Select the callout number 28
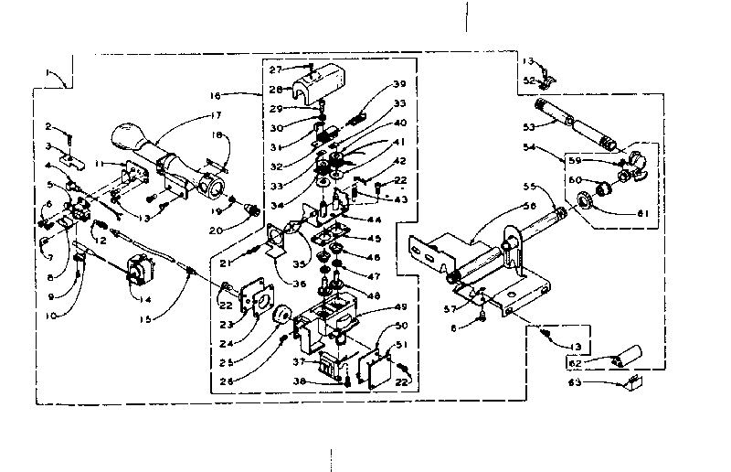click(275, 89)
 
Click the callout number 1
click(48, 72)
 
